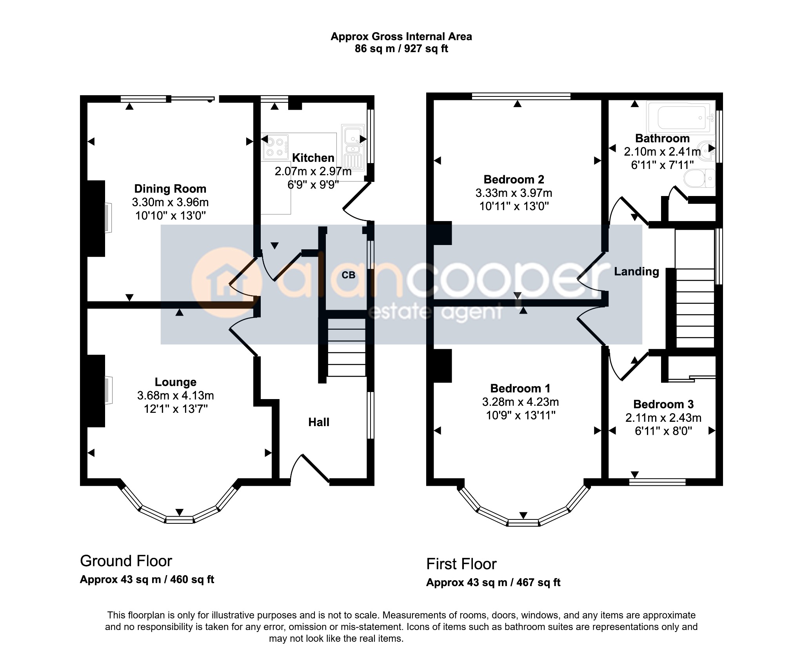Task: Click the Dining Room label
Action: click(170, 189)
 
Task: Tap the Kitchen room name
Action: click(313, 158)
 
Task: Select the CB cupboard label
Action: click(348, 275)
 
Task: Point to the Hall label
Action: click(319, 422)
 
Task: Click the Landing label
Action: click(636, 272)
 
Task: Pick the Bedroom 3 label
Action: click(663, 404)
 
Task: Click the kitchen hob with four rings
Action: click(275, 147)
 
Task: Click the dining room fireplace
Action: click(108, 218)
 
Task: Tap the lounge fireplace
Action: click(109, 390)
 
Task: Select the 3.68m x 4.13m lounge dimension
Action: click(175, 396)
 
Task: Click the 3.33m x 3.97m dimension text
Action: click(514, 193)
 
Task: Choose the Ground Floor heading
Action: click(126, 561)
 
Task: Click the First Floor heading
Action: click(461, 564)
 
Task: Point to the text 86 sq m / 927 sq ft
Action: click(401, 49)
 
